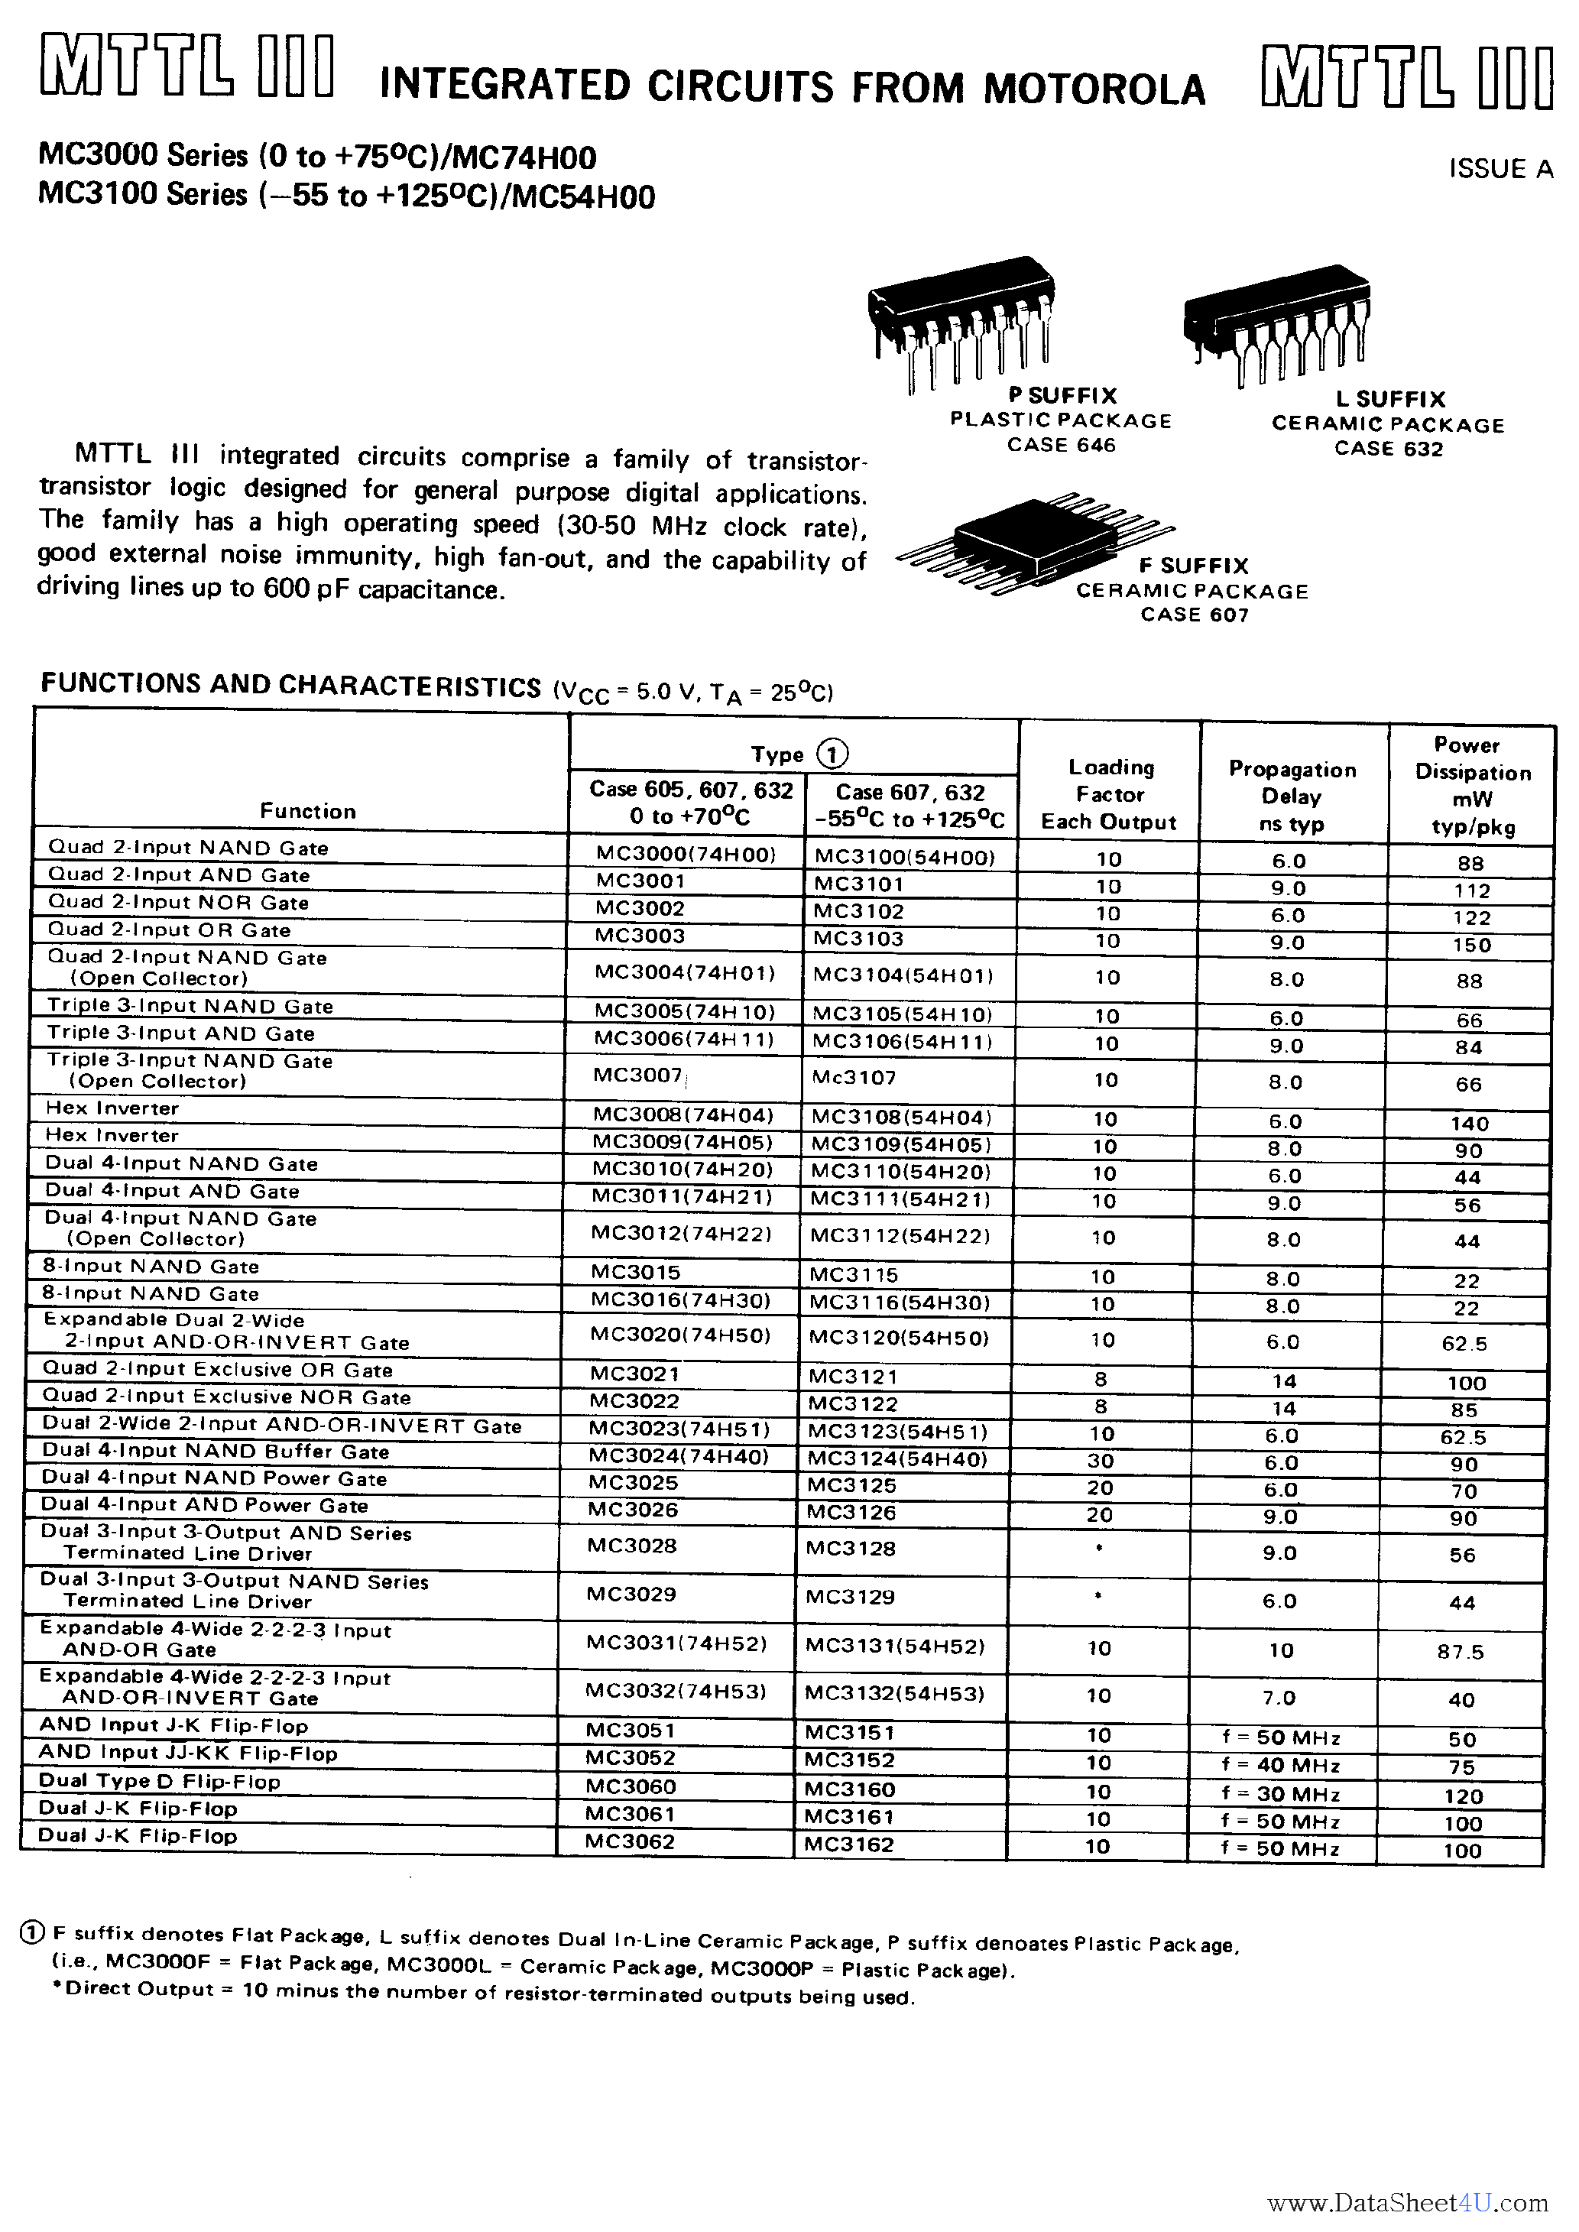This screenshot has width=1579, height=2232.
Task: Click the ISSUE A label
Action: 1500,169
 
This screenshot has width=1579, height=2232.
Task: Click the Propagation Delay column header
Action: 1292,796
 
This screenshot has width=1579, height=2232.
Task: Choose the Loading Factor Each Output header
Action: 1110,794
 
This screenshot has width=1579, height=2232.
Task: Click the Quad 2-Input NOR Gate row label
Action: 178,902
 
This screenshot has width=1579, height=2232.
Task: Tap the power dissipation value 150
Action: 1472,945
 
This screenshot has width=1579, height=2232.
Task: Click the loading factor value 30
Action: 1101,1460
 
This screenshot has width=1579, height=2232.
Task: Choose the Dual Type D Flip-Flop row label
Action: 160,1781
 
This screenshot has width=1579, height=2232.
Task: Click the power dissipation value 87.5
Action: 1461,1652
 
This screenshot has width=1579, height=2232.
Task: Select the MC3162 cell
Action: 849,1844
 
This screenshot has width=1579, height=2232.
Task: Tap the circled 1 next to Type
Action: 832,754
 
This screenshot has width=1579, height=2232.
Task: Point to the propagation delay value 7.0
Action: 1279,1698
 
